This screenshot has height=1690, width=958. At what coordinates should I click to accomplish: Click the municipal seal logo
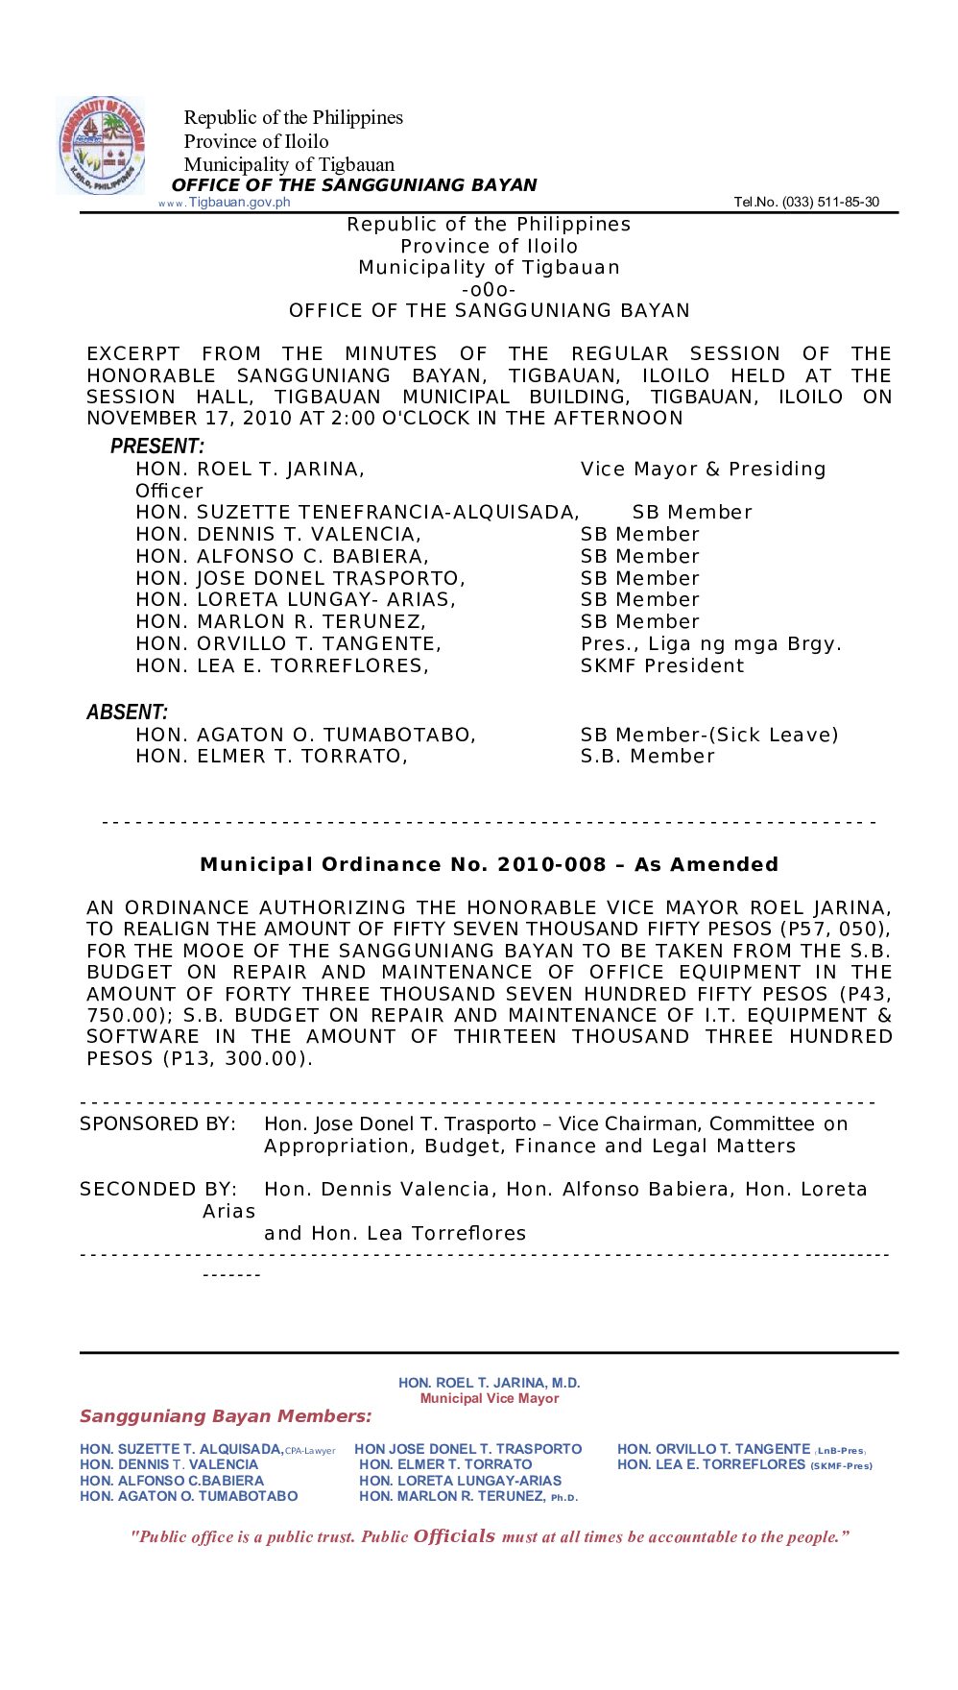click(x=101, y=146)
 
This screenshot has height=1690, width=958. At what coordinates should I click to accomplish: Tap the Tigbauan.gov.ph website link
click(x=239, y=203)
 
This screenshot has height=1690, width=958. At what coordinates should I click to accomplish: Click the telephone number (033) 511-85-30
click(x=806, y=203)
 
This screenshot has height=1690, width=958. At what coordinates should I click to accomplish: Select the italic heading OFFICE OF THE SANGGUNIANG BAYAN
click(x=354, y=185)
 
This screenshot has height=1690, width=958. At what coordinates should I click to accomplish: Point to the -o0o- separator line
click(x=489, y=290)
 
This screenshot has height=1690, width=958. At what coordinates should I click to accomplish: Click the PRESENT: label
click(x=157, y=447)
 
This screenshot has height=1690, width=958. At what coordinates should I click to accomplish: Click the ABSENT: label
click(x=127, y=712)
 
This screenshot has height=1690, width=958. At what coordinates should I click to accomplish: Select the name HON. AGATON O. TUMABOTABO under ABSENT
click(x=305, y=736)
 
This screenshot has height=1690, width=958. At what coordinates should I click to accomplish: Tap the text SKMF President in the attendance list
click(x=662, y=666)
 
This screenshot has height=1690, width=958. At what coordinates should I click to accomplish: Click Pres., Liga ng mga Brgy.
click(x=710, y=644)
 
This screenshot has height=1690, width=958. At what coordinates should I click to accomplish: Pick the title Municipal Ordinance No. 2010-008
click(x=489, y=865)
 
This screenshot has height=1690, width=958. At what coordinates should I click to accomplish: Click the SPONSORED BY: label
click(x=157, y=1124)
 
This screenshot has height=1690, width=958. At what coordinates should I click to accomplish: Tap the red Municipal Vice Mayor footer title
click(x=489, y=1399)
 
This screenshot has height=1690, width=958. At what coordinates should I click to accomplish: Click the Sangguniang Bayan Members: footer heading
click(x=226, y=1416)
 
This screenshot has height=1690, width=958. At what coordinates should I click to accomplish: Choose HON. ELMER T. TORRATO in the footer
click(x=445, y=1465)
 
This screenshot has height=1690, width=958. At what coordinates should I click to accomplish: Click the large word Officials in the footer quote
click(x=454, y=1536)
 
